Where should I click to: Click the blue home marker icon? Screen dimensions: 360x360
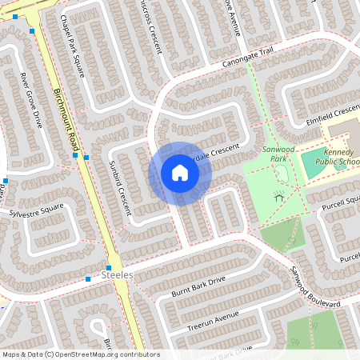coord(180,173)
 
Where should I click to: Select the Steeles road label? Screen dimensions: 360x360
coord(116,274)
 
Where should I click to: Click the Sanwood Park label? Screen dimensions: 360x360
coord(274,154)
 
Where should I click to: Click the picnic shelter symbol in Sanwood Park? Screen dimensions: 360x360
coord(279,194)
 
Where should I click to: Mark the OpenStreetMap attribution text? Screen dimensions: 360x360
coord(80,354)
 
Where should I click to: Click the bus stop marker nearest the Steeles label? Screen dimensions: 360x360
coord(109,267)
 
